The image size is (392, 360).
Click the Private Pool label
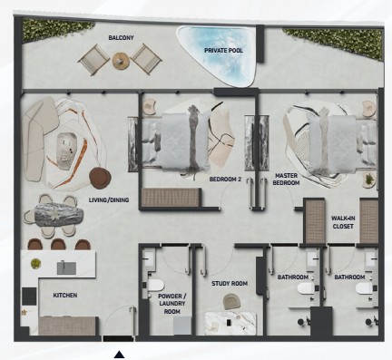223,51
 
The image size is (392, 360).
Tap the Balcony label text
121,38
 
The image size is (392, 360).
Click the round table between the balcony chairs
121,61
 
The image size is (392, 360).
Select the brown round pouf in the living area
100,178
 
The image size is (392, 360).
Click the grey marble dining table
59,214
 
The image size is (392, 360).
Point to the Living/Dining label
109,199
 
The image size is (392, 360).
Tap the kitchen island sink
66,268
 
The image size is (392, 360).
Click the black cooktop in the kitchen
30,296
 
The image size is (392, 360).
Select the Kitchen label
65,295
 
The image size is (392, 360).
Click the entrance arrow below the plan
119,355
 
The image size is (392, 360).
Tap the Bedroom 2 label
225,180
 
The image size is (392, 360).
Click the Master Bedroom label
286,179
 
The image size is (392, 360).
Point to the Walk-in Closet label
343,222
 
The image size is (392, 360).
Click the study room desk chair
232,302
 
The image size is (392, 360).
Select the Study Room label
230,283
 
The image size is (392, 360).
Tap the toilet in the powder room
155,286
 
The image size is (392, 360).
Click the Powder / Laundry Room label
172,304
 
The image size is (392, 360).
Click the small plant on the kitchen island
35,264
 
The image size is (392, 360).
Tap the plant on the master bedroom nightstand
369,180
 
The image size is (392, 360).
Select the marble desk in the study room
230,324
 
